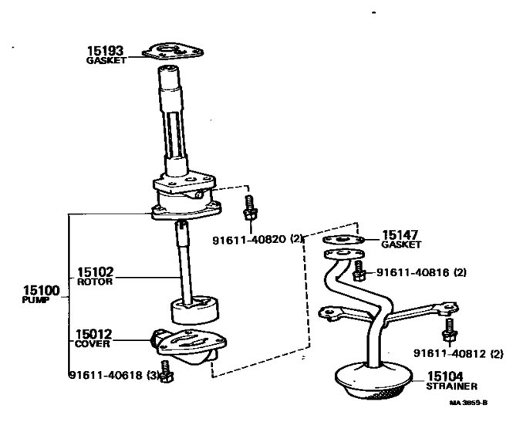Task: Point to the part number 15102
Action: (x=95, y=272)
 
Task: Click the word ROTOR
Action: (x=95, y=282)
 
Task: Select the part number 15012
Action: (x=94, y=335)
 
